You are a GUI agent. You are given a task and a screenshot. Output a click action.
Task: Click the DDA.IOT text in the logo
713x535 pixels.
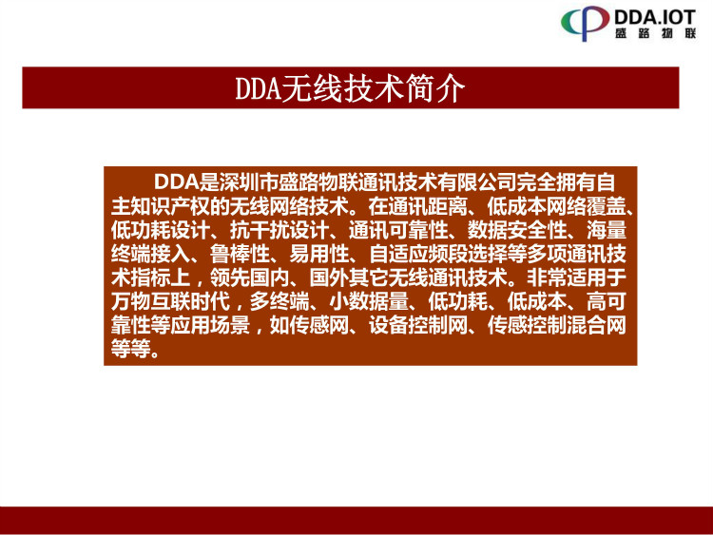click(x=655, y=17)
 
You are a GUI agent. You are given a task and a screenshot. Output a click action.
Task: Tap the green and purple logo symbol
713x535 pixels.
click(x=585, y=22)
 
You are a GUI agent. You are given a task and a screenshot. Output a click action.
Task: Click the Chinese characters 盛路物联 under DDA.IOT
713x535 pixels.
click(x=655, y=33)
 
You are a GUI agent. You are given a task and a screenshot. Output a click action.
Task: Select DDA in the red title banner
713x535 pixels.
click(x=258, y=88)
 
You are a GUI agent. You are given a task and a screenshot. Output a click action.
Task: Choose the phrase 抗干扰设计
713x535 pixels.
click(x=279, y=230)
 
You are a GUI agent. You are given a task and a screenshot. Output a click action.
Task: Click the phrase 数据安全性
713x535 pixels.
click(x=516, y=230)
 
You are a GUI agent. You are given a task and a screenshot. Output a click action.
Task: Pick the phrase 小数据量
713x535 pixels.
click(x=368, y=301)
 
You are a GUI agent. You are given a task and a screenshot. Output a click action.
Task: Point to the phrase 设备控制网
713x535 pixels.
click(x=418, y=325)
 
